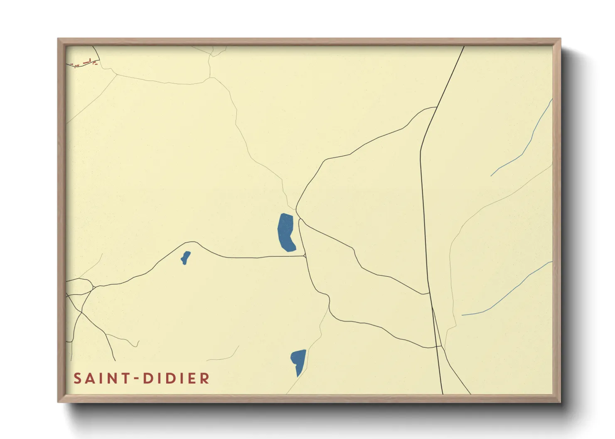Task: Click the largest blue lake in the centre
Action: click(x=286, y=233)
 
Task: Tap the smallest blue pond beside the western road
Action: click(x=185, y=258)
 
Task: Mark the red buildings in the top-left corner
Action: click(x=86, y=63)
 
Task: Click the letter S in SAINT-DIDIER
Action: click(x=78, y=378)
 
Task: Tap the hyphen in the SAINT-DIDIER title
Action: click(x=135, y=378)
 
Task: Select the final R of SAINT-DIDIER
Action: click(x=204, y=378)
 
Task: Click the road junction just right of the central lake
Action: click(x=299, y=219)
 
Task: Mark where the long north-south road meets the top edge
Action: click(x=464, y=46)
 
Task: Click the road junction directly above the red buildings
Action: click(x=93, y=46)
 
